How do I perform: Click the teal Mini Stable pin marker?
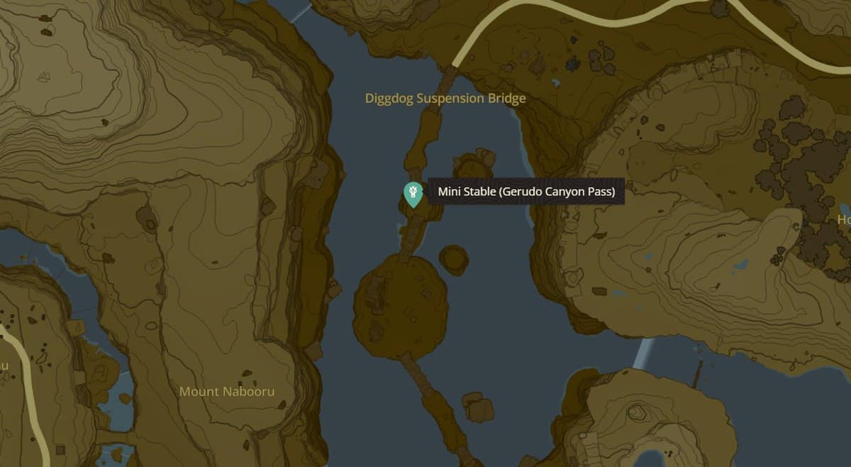coord(413,193)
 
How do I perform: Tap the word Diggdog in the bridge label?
coord(389,99)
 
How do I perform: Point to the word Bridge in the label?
coord(506,99)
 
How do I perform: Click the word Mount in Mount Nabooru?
coord(199,392)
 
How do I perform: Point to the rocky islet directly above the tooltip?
coord(474,164)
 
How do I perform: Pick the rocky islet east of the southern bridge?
coord(478,408)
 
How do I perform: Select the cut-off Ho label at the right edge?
coord(843,220)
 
